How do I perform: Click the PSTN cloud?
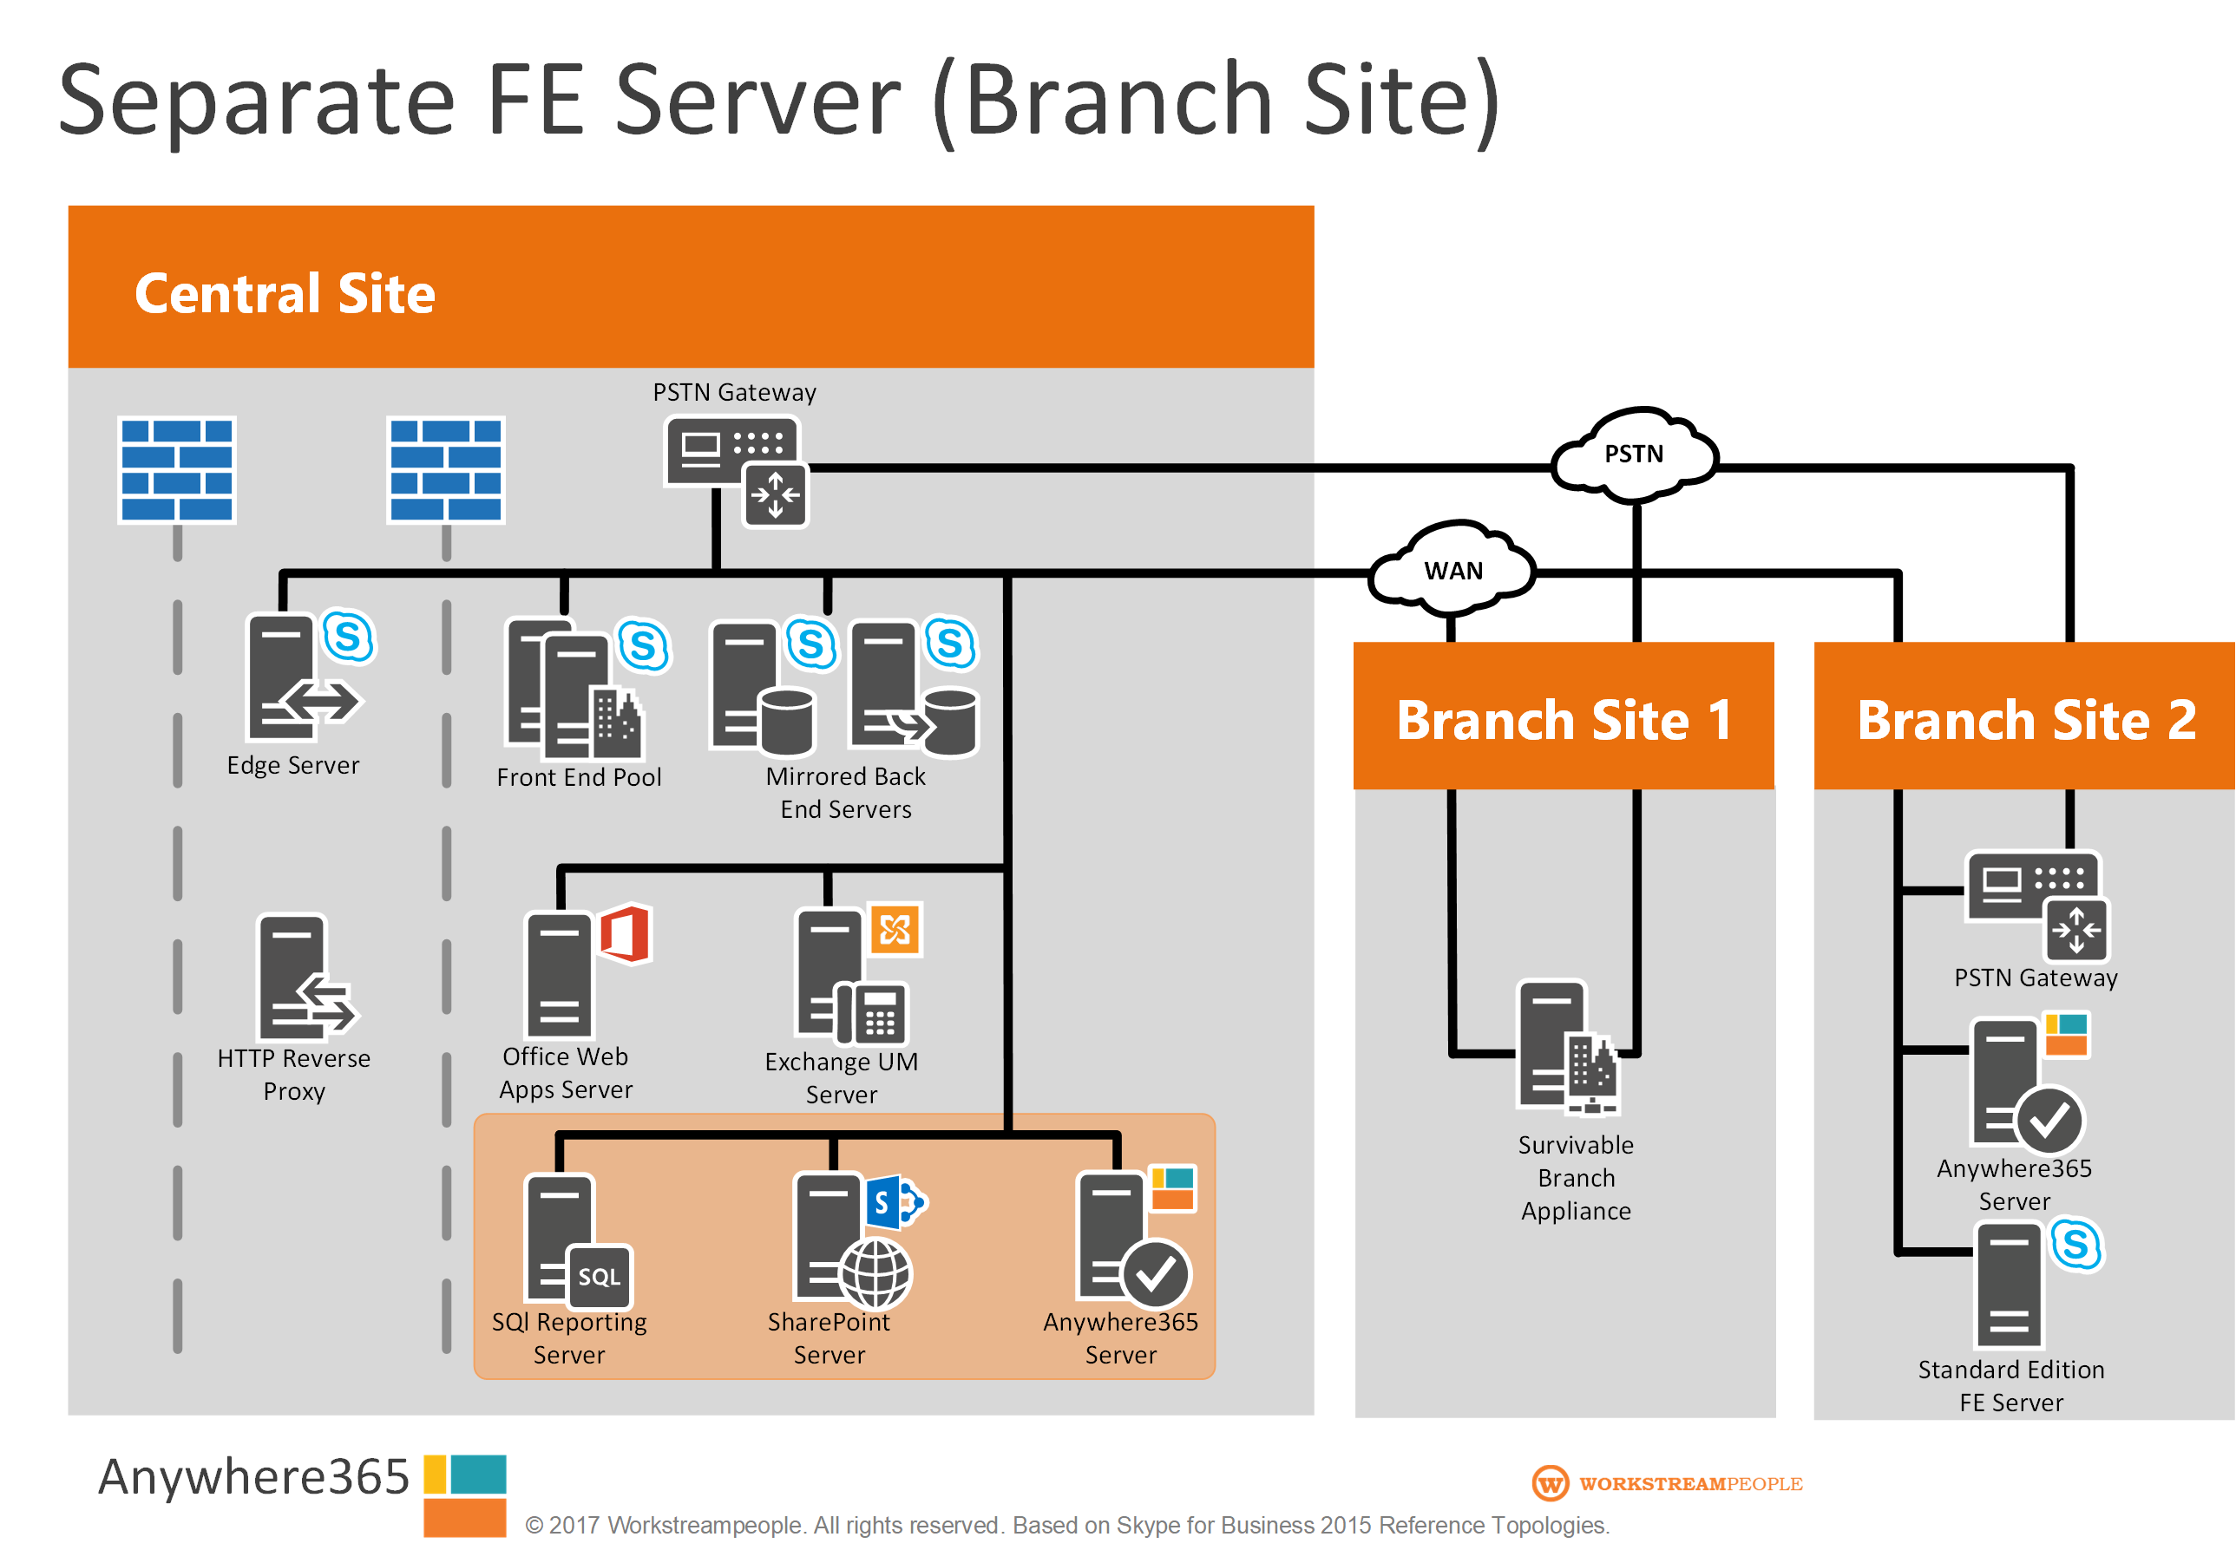pos(1634,455)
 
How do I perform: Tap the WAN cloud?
pos(1452,570)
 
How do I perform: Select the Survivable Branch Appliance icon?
pos(1567,1048)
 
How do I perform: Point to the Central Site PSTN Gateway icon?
pos(735,470)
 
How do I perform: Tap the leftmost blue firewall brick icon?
pos(177,470)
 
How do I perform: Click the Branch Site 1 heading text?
pos(1564,720)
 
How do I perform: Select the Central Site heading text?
pos(285,293)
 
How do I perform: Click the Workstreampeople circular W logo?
pos(1550,1483)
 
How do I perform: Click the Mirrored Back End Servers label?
pos(845,793)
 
